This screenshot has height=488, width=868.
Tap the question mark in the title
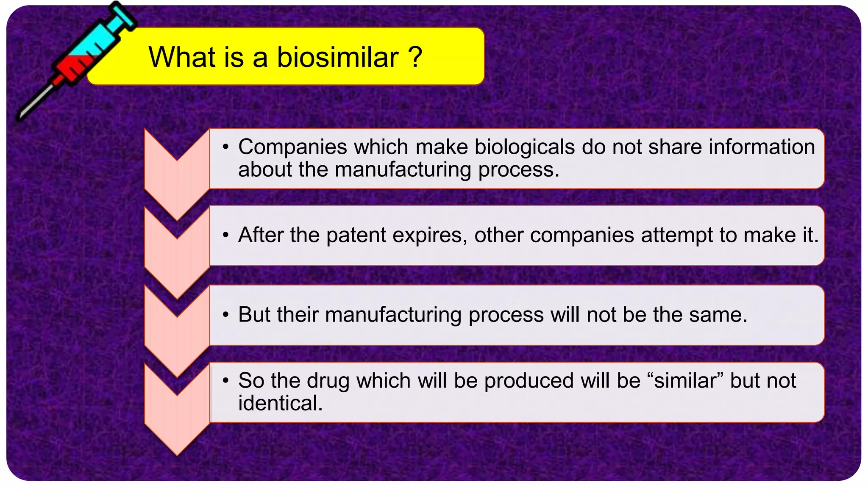[416, 57]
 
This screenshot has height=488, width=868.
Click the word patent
[356, 235]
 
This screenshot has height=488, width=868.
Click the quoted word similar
[685, 380]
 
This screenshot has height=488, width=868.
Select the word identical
[280, 403]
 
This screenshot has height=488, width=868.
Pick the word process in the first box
[519, 169]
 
